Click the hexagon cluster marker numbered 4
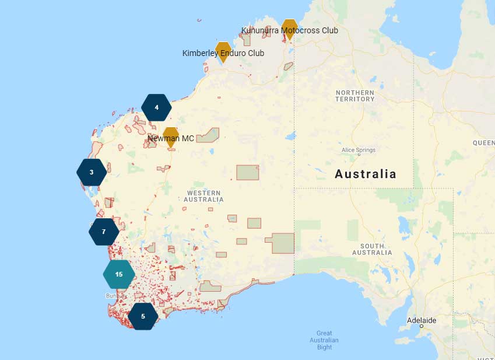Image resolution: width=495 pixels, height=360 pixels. [156, 107]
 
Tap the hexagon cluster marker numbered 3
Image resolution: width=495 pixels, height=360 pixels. [92, 172]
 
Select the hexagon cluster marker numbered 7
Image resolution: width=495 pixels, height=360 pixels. [104, 232]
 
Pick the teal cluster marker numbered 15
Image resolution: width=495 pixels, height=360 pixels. [119, 274]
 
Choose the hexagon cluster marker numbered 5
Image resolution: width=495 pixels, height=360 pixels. [143, 316]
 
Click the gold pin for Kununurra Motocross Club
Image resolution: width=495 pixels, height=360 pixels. [289, 27]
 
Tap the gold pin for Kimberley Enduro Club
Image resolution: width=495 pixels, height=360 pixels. [223, 50]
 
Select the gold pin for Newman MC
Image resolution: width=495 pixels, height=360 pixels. [170, 136]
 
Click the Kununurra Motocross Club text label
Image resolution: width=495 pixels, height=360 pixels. [290, 30]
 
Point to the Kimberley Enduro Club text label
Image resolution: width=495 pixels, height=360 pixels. [223, 53]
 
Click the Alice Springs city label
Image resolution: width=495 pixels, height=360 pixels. [359, 150]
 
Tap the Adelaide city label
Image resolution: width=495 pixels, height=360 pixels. [422, 320]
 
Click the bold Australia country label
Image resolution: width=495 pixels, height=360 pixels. [365, 174]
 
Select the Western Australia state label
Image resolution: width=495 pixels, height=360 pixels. [203, 196]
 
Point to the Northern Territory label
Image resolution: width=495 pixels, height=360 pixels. [354, 96]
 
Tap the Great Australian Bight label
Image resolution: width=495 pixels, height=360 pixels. [324, 340]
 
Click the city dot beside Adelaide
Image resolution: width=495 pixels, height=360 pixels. [421, 326]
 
